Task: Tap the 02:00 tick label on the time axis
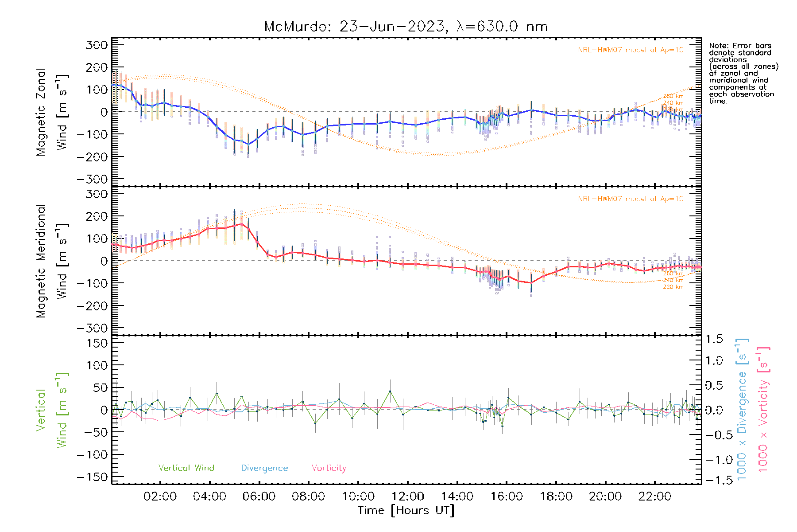coord(160,497)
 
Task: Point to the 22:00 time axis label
coord(655,497)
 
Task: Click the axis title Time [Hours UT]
coord(406,510)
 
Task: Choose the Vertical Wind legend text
coord(186,468)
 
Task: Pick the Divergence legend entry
coord(264,468)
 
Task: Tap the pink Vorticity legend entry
coord(329,468)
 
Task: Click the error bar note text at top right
coord(743,73)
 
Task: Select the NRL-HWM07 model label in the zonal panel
coord(631,50)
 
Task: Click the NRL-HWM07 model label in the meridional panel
coord(631,199)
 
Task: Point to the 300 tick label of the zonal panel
coord(97,45)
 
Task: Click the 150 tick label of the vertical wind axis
coord(97,343)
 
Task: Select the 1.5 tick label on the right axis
coord(714,339)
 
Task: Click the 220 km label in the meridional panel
coord(673,287)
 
